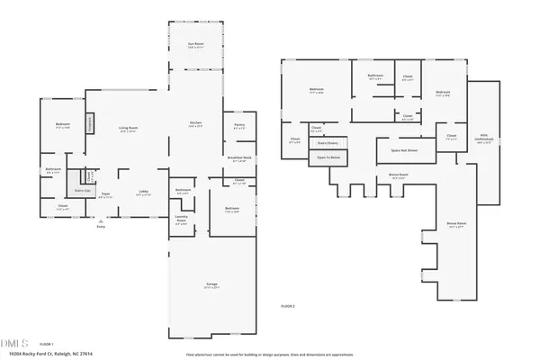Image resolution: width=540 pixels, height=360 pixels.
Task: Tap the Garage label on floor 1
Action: (x=211, y=285)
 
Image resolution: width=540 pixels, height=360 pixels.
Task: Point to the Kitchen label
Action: (x=194, y=124)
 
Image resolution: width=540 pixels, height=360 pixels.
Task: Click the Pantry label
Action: (x=239, y=126)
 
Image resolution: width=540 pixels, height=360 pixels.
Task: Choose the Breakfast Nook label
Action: (x=239, y=160)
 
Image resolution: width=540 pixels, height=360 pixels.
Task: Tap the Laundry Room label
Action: (x=181, y=221)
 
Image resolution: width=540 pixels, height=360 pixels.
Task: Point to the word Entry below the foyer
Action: (x=101, y=226)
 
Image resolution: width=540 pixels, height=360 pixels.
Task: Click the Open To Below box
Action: (x=328, y=157)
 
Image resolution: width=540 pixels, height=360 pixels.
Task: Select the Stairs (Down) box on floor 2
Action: (x=328, y=142)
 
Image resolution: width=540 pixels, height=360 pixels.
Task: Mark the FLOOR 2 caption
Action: (x=288, y=307)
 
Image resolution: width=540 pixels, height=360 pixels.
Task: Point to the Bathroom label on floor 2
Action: (x=375, y=76)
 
